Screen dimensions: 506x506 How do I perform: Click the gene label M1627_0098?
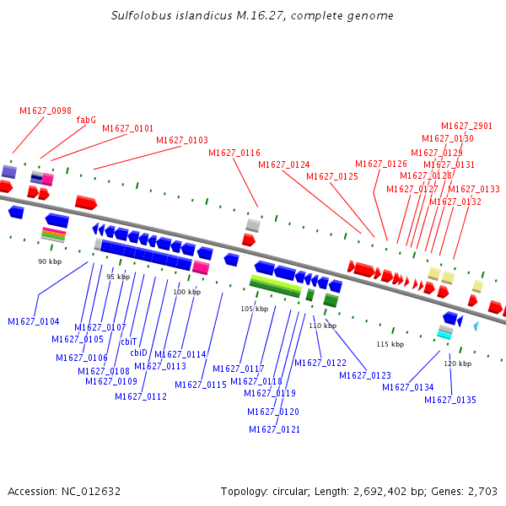point(46,110)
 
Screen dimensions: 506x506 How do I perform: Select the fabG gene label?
point(86,120)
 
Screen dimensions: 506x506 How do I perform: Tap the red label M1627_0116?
point(234,153)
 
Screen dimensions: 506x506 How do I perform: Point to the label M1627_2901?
point(466,126)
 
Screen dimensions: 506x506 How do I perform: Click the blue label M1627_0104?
point(34,321)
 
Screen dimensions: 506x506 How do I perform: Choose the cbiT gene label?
point(128,342)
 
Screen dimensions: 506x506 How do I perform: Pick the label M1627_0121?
point(274,429)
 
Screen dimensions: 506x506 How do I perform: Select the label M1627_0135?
point(450,400)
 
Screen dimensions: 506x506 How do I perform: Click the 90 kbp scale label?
point(50,261)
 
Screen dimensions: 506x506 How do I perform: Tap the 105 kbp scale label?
point(254,309)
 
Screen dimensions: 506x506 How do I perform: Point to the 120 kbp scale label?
point(457,363)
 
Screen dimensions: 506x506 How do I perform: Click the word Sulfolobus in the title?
point(140,16)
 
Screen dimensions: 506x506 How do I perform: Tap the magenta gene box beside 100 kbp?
point(201,267)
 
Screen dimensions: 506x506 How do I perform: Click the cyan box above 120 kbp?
point(444,335)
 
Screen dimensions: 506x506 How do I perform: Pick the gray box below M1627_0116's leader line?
point(253,225)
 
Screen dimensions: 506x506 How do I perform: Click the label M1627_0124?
point(284,164)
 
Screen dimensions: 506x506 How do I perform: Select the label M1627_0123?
point(365,375)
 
